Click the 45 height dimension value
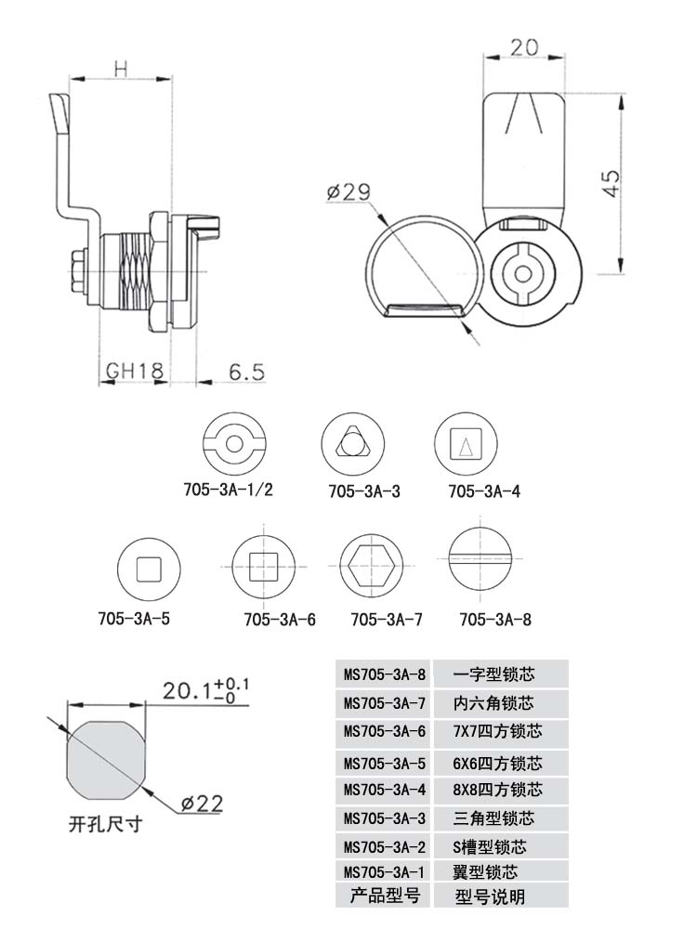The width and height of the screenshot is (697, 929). coord(612,183)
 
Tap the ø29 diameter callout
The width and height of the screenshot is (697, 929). coord(348,191)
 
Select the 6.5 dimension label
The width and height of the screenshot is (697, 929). coord(246,373)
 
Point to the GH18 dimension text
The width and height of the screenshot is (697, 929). coord(135,371)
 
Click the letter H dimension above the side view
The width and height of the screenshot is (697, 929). coord(121,70)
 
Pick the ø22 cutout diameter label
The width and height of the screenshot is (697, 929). coord(202,804)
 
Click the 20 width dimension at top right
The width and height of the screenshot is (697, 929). coord(524,47)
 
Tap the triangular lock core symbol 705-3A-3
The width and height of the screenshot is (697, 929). coord(352,444)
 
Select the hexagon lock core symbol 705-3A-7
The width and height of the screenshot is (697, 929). coord(373,564)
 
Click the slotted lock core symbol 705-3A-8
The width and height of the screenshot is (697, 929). coord(480,558)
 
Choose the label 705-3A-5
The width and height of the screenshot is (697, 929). coord(134,619)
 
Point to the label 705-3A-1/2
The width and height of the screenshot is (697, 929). coord(229,490)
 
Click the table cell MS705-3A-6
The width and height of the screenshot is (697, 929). coord(385,732)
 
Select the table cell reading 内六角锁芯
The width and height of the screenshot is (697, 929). coord(493,703)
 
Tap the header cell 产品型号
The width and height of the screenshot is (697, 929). coord(385,895)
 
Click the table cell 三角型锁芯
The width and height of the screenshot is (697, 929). coord(493,818)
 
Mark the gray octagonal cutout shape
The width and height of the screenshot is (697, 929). coord(106,760)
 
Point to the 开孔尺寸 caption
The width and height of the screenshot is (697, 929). coord(106,824)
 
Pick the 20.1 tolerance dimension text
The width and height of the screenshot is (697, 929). coord(205,689)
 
